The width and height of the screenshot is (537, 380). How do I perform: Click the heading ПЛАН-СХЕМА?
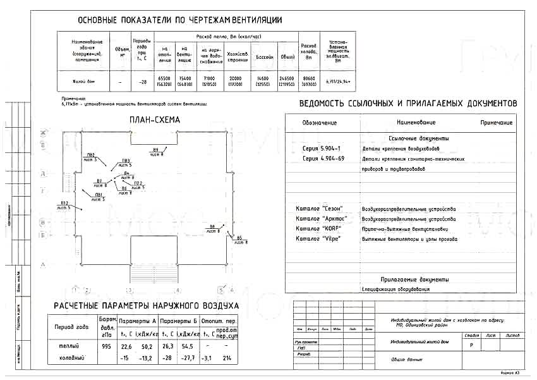[x=154, y=119]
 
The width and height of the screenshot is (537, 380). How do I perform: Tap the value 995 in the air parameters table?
[x=106, y=346]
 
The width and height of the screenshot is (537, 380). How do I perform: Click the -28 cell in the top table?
[x=143, y=82]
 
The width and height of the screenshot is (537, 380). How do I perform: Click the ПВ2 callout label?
[x=90, y=156]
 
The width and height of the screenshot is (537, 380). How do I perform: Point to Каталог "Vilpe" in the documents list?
[x=318, y=238]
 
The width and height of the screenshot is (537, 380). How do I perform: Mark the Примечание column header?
[x=496, y=122]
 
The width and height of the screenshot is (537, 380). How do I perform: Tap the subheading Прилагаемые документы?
[x=414, y=279]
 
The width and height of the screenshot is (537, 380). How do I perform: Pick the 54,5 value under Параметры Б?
[x=188, y=346]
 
